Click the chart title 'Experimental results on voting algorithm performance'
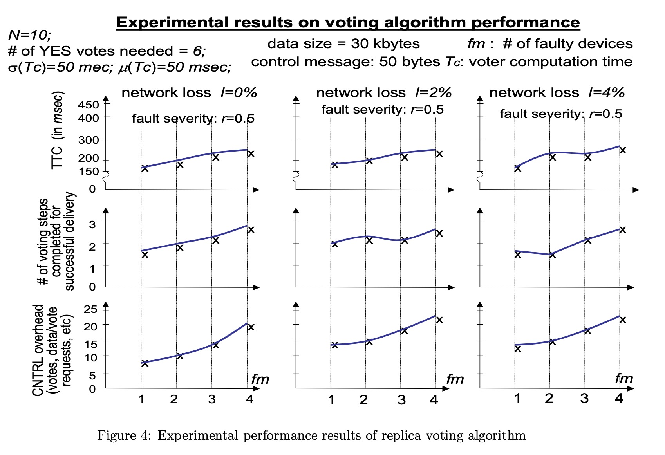(348, 22)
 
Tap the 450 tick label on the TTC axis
(89, 105)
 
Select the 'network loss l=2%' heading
(383, 93)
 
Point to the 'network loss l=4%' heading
(557, 93)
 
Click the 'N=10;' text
(30, 35)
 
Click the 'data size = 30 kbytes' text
(343, 43)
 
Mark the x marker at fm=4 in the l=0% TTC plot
(251, 153)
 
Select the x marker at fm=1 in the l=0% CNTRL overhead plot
(145, 363)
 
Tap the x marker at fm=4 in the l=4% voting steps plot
(622, 229)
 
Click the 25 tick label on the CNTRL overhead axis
(90, 309)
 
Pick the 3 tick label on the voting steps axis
(92, 224)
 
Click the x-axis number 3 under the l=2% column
(401, 400)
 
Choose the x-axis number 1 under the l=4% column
(517, 399)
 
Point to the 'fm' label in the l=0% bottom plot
(260, 379)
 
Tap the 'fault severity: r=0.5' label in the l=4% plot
(561, 114)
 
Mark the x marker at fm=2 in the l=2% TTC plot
(369, 161)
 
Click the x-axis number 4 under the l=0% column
(249, 399)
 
